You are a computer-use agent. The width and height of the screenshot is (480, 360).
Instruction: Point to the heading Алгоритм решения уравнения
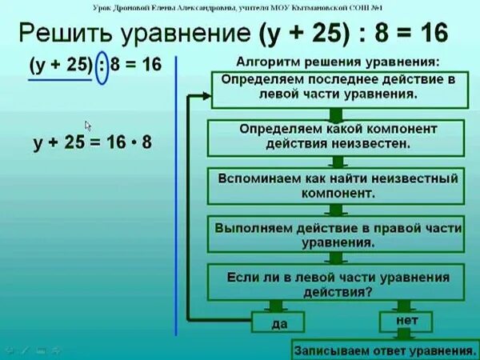tap(337, 62)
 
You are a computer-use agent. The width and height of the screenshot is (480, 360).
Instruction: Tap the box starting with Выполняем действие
tap(337, 234)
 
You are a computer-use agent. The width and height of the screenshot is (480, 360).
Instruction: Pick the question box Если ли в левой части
tap(337, 284)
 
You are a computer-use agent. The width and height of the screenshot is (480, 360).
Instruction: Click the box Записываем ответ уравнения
tap(381, 350)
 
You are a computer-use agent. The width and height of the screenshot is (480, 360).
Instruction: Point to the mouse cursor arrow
tap(88, 126)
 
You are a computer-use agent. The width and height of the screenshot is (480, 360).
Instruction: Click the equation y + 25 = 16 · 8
tap(92, 144)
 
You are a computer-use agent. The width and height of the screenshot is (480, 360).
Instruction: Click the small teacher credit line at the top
tap(240, 8)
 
